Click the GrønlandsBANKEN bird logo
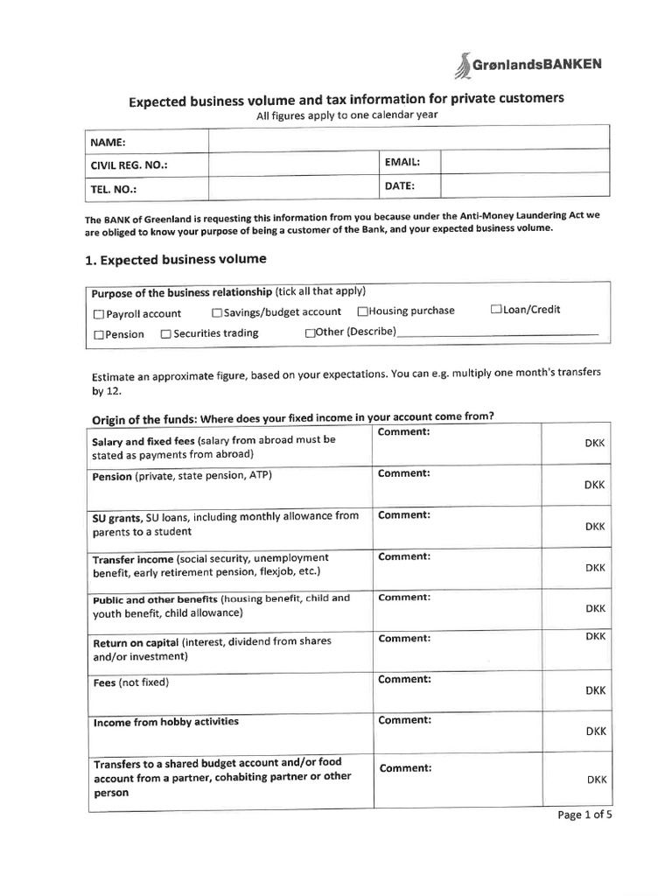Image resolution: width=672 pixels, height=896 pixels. coord(462,65)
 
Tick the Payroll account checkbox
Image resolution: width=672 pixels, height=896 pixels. coord(98,314)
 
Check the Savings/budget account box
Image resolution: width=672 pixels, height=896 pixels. coord(216,312)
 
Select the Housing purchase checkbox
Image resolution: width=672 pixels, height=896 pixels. coord(362,311)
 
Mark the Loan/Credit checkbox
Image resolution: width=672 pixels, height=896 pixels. coord(496,310)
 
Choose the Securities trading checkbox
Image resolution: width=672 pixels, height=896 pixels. coord(165,333)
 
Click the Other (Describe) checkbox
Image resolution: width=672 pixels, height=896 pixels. coord(310,332)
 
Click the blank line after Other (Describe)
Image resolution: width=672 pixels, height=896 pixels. coord(498,332)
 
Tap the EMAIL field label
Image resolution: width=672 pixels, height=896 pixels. coord(402,163)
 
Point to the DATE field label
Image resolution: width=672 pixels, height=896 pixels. coord(399,186)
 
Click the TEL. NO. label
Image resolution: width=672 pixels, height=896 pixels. coord(114,189)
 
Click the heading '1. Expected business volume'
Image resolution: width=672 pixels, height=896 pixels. coord(175,260)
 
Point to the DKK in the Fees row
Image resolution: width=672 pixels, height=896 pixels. coord(595,690)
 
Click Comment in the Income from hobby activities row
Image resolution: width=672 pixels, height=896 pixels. coord(403,720)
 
